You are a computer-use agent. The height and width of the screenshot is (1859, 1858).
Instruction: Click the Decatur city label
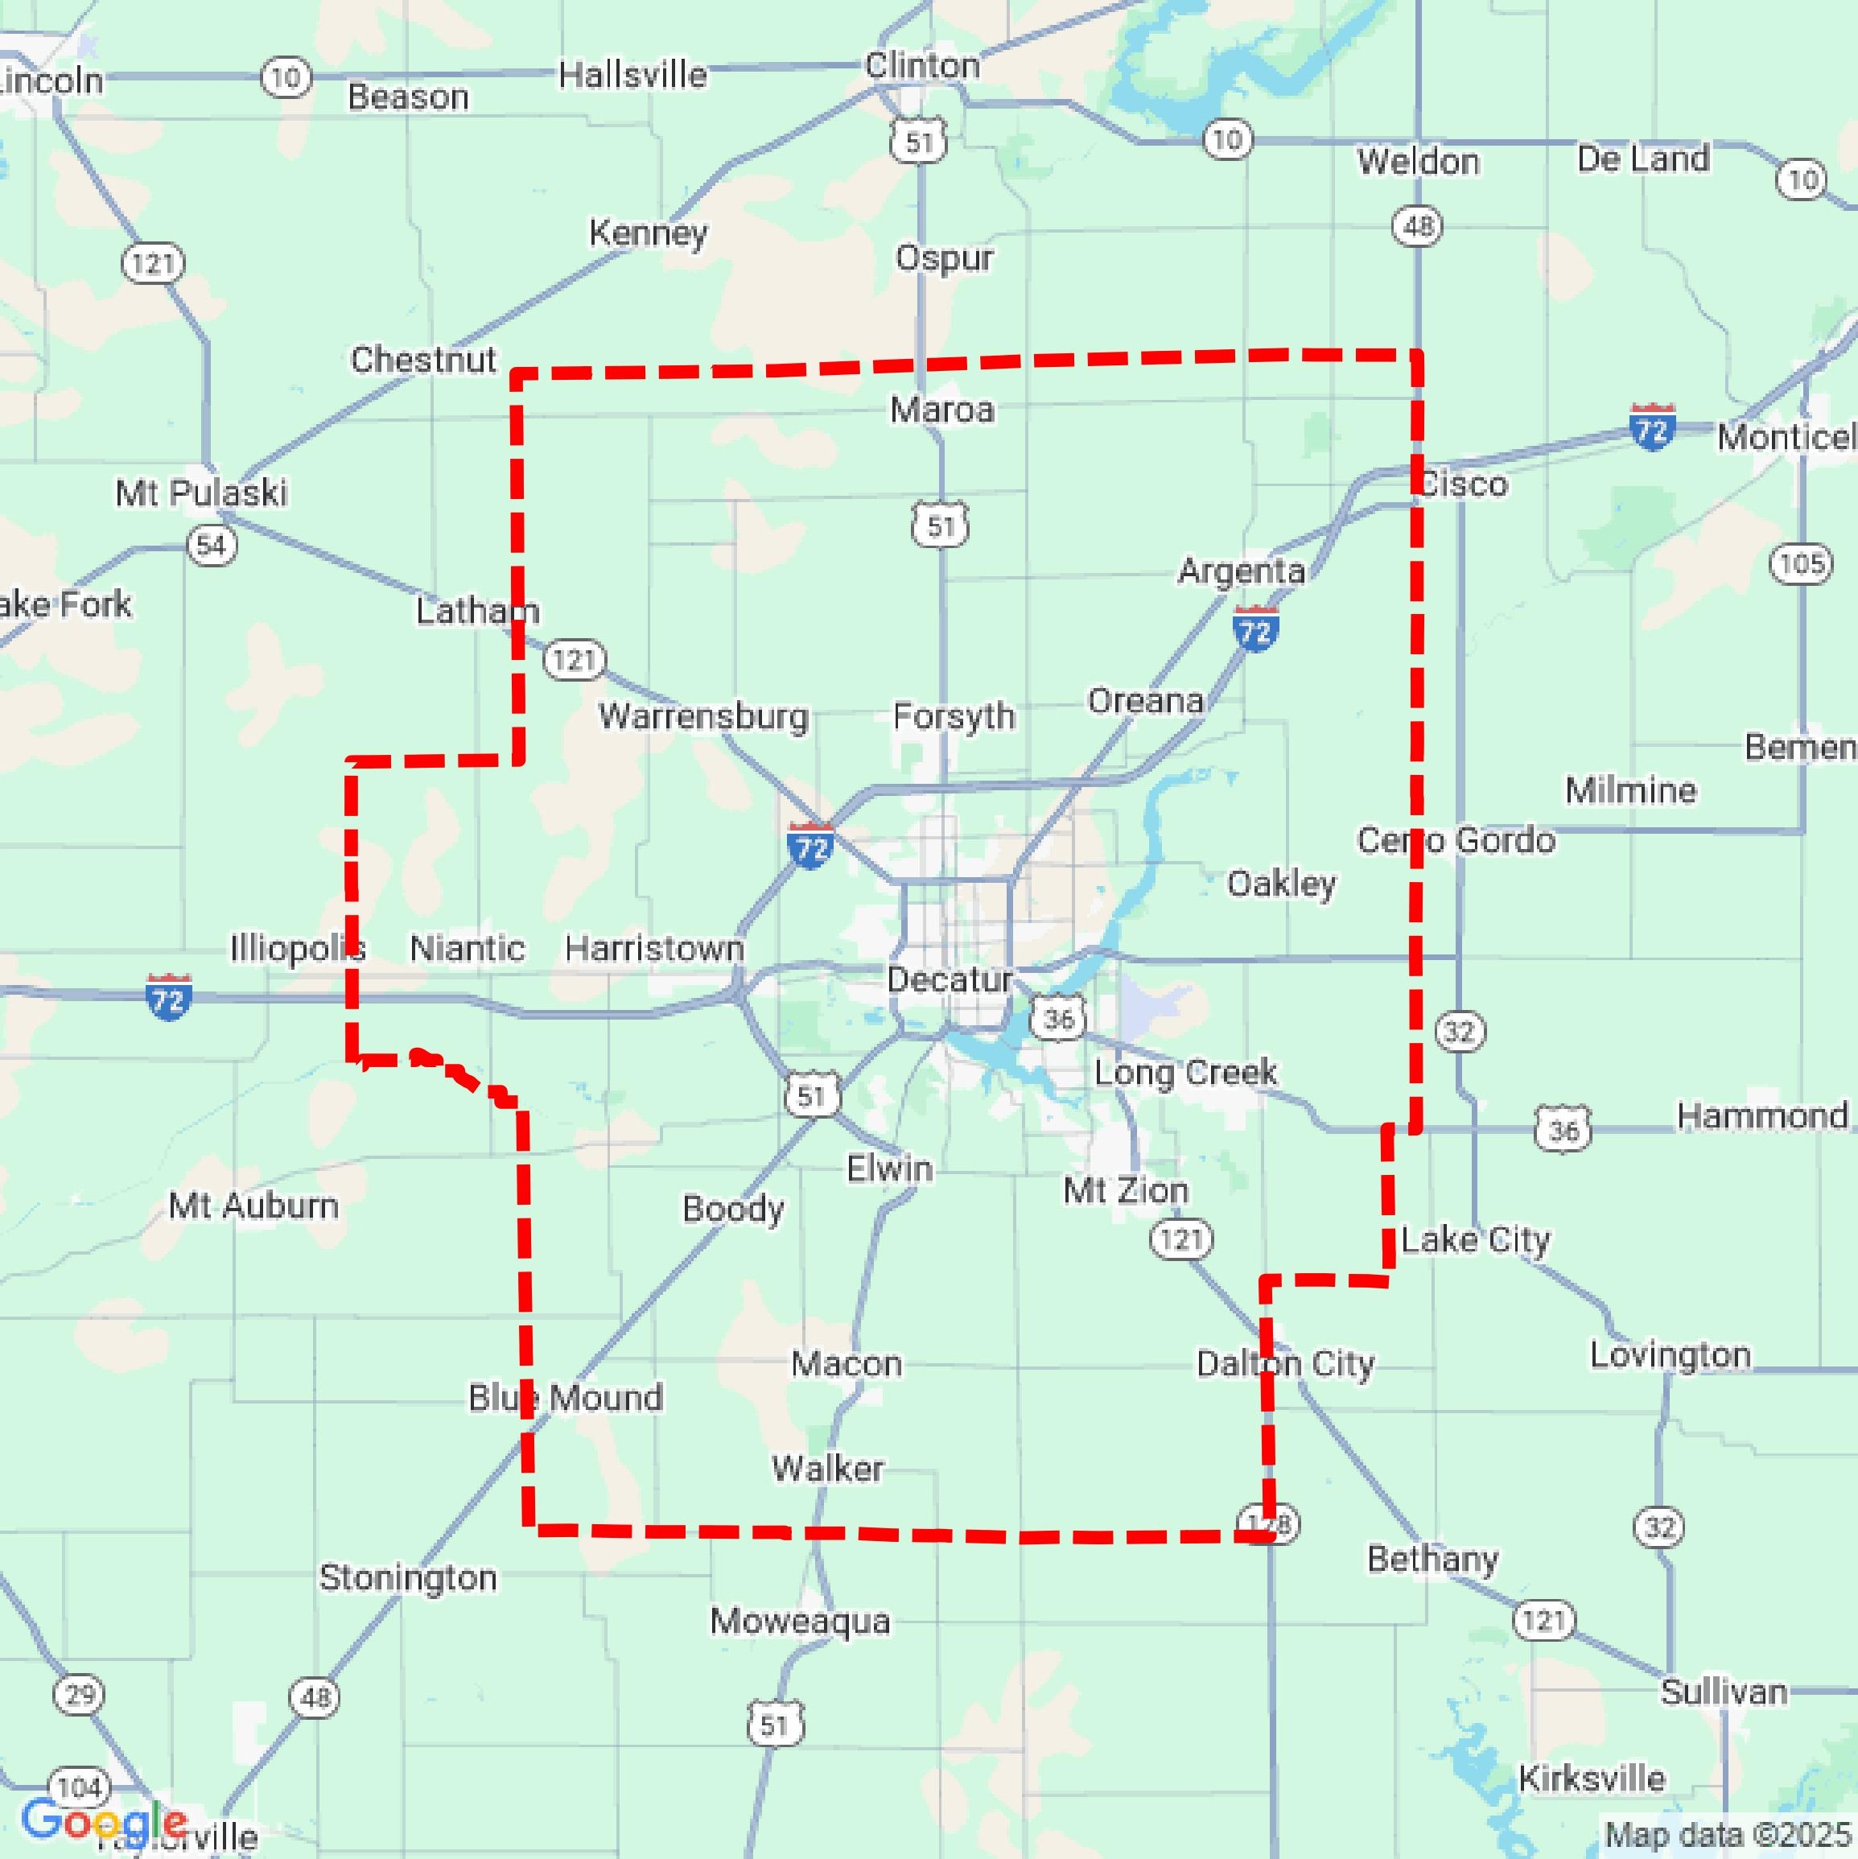click(949, 979)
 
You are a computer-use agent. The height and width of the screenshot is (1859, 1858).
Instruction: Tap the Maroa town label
click(941, 410)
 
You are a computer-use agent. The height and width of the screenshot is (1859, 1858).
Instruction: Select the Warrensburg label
click(702, 716)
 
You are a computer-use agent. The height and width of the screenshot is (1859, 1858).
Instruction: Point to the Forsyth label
click(954, 716)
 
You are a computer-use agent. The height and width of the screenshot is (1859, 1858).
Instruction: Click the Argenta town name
click(1242, 571)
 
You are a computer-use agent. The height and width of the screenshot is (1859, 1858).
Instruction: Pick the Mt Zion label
click(1125, 1190)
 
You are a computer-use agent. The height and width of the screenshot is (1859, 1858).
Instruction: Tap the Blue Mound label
click(566, 1397)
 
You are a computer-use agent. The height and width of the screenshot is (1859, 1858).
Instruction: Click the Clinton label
click(922, 65)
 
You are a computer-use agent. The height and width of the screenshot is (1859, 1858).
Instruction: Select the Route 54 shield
click(211, 546)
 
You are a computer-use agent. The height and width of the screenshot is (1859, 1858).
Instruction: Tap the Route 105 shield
click(1801, 563)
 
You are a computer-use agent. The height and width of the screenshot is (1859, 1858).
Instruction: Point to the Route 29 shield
click(79, 1693)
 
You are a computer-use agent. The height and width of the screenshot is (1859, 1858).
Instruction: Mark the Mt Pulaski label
click(201, 493)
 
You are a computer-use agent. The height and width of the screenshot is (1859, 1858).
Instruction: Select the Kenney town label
click(648, 232)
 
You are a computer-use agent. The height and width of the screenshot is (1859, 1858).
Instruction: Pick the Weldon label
click(1419, 162)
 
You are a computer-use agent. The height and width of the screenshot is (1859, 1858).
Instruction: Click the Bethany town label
click(1432, 1559)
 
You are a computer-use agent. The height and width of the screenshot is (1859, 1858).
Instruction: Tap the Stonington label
click(408, 1578)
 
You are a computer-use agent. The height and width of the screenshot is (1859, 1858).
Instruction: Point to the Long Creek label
click(1185, 1072)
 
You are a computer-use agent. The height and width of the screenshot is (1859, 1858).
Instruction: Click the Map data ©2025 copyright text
click(1729, 1834)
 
